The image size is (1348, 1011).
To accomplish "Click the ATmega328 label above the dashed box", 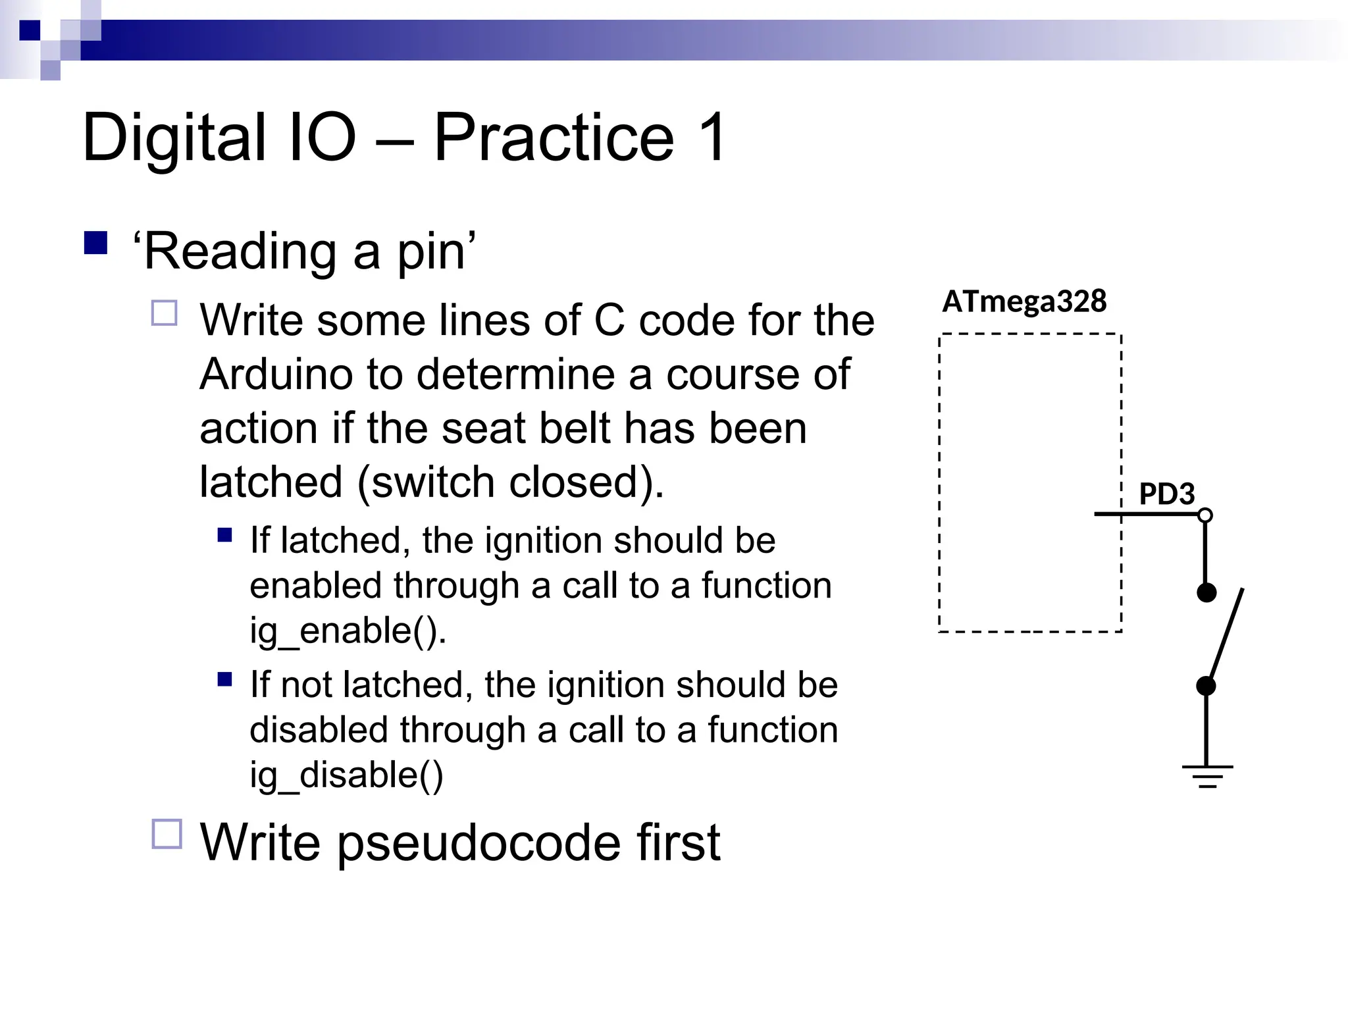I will [1024, 301].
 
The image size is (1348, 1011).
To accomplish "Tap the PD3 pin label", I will [1166, 494].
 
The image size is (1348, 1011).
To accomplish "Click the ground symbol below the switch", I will [1207, 776].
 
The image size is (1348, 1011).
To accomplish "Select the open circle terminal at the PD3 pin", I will [1205, 515].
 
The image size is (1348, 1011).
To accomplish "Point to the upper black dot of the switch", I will [1206, 593].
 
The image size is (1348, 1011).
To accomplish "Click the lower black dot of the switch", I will [1206, 687].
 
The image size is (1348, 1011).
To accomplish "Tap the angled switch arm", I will [1226, 638].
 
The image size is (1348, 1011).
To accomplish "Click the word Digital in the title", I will [174, 138].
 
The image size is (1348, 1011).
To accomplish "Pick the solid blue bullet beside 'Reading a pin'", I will [96, 243].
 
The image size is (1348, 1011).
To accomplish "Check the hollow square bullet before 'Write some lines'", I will [165, 313].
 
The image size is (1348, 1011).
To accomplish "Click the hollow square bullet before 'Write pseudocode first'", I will [167, 834].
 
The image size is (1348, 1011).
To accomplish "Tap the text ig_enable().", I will [348, 630].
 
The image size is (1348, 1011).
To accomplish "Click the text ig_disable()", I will [346, 775].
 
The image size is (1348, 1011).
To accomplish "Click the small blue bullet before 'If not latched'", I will [224, 679].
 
